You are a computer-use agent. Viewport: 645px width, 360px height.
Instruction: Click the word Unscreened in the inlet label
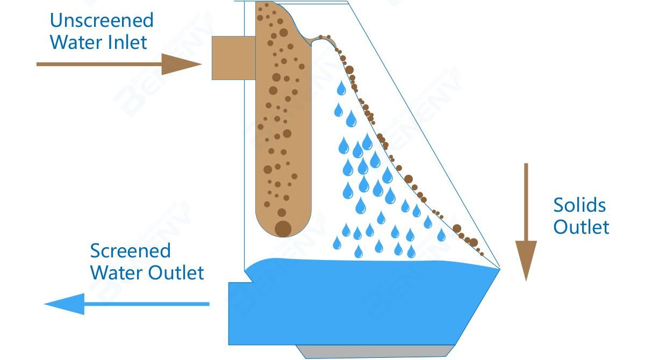(102, 20)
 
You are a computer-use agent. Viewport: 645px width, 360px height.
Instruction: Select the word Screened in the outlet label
(130, 251)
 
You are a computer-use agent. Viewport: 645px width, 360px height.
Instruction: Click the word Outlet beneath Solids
(581, 227)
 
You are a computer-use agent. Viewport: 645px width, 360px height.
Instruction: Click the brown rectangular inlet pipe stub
(228, 57)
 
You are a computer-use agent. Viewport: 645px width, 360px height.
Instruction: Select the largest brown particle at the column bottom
(283, 228)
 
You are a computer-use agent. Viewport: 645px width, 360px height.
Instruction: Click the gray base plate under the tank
(376, 351)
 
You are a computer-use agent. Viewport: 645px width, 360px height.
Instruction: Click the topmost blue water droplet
(341, 88)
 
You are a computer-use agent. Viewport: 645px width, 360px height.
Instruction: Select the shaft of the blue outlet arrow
(145, 304)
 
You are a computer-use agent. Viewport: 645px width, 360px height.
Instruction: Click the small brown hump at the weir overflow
(322, 38)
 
